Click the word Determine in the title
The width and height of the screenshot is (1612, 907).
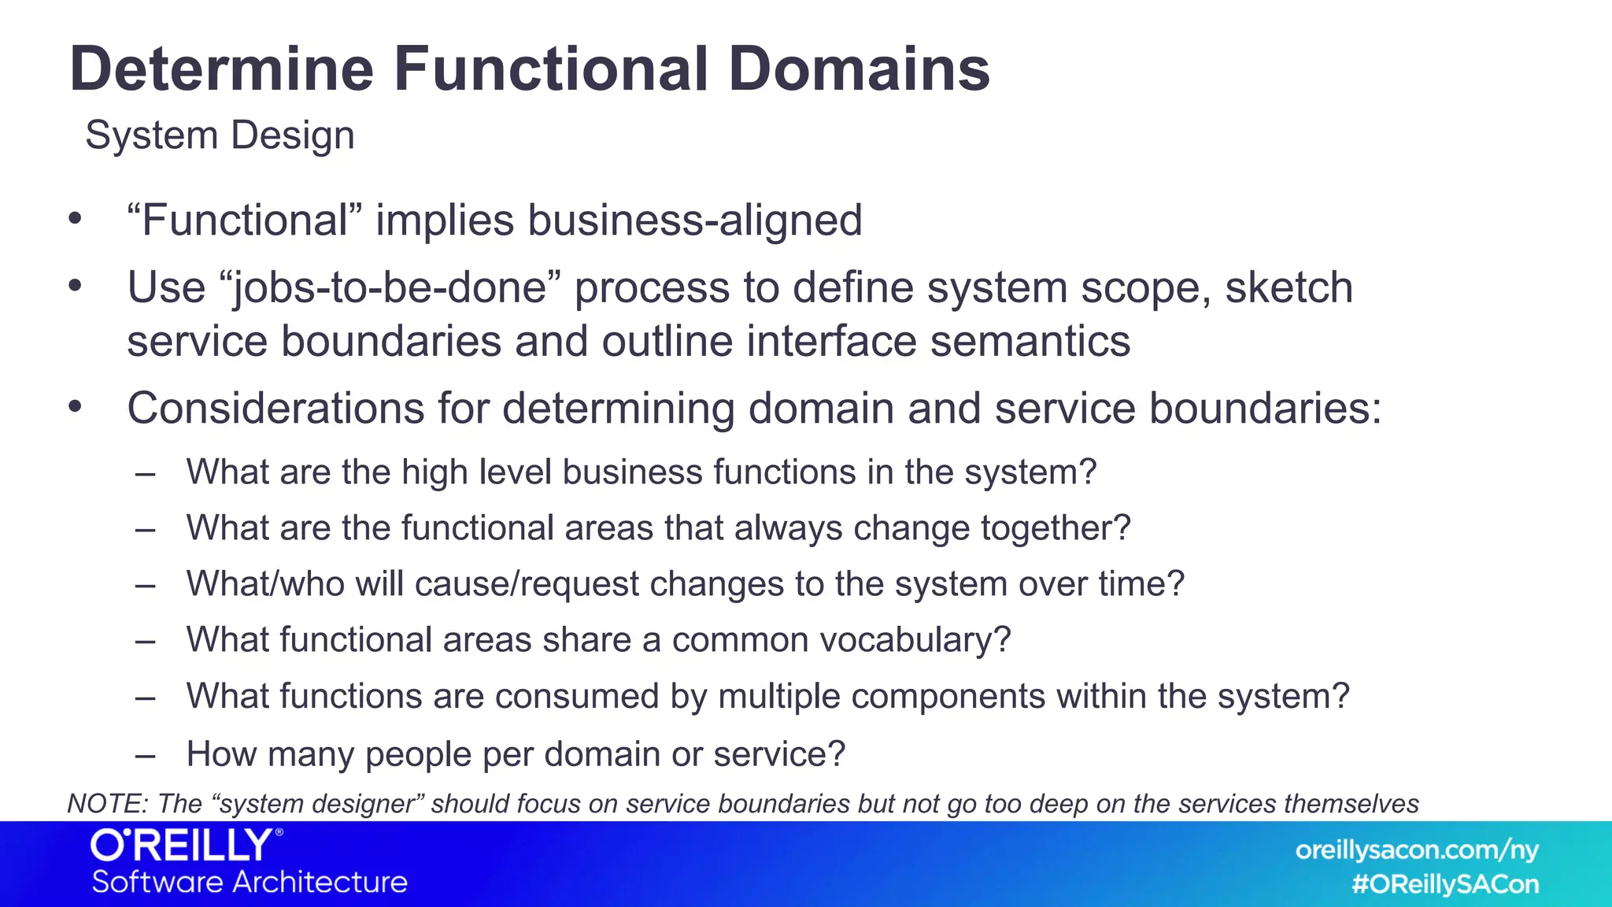pos(221,69)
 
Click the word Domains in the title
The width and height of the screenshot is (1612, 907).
pos(859,69)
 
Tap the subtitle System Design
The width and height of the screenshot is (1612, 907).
pos(220,135)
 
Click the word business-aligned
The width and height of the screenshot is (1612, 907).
pos(695,220)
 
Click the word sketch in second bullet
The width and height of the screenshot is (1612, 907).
pos(1288,287)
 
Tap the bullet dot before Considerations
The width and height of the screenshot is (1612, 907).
pos(75,407)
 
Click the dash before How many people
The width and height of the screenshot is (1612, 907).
pos(145,755)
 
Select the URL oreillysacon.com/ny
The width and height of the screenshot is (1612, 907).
pos(1416,850)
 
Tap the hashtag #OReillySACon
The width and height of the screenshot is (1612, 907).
pos(1444,884)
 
